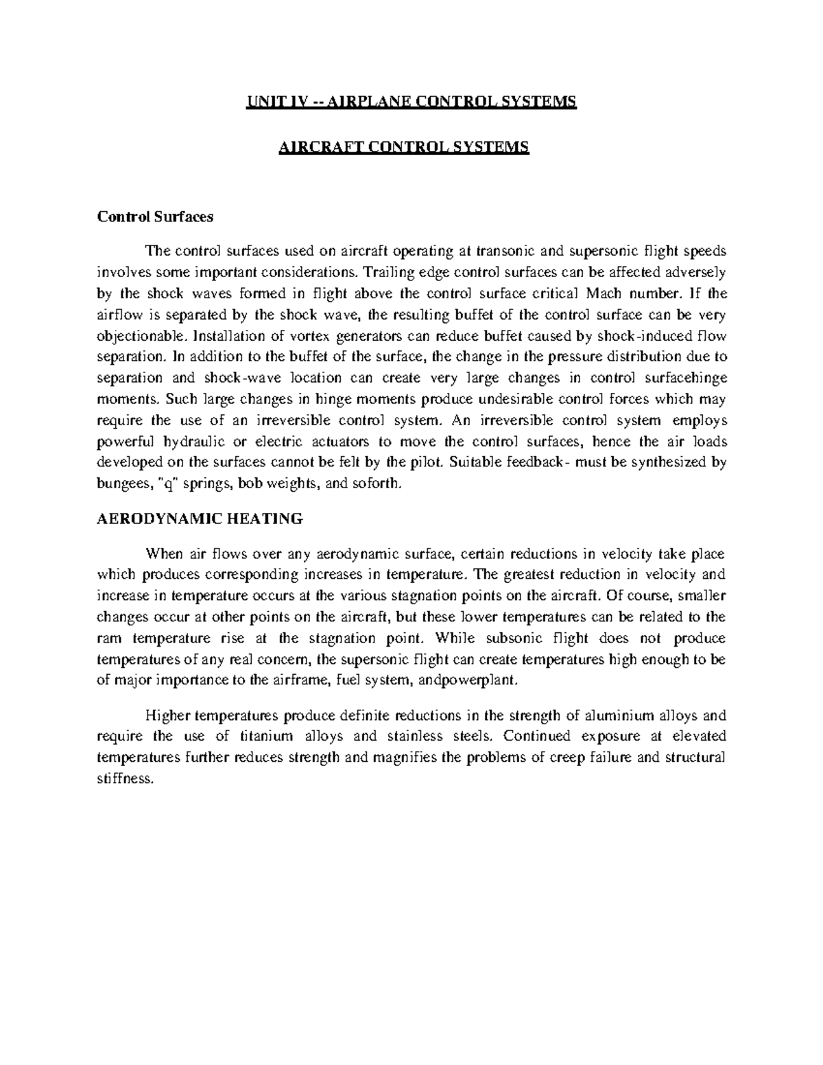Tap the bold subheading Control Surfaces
[x=156, y=217]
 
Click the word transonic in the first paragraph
[x=501, y=250]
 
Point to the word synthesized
[x=665, y=462]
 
